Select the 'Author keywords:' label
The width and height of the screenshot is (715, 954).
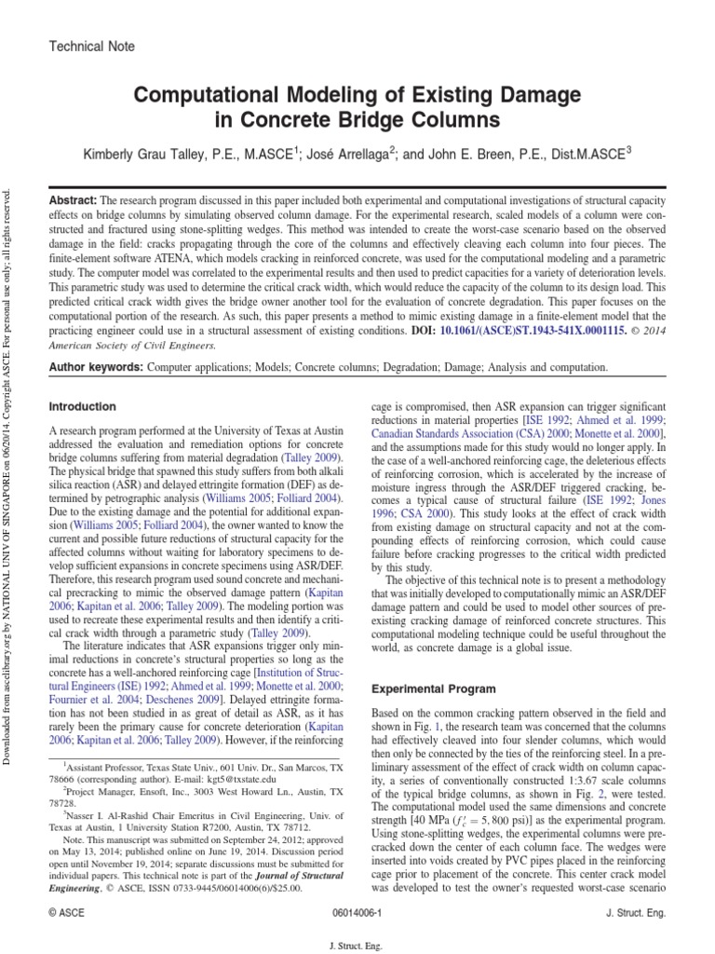94,368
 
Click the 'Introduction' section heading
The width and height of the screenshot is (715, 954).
82,407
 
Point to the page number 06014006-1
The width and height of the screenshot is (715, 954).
357,914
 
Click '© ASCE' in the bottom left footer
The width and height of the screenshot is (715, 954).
66,914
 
